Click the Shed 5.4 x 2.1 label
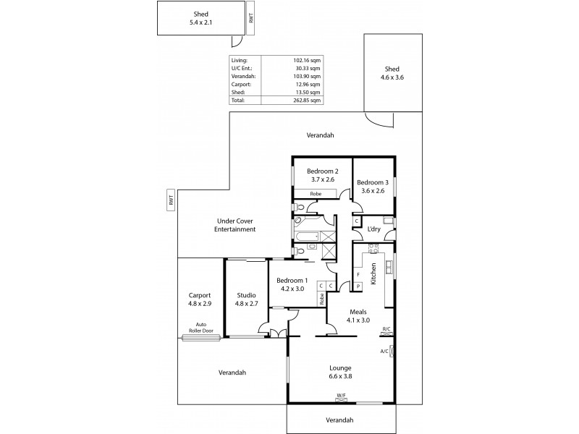(x=201, y=18)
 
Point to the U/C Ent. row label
(x=241, y=68)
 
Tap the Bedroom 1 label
(x=294, y=284)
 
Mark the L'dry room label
(x=374, y=229)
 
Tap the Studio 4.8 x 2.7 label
(x=246, y=299)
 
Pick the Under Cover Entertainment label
(x=235, y=225)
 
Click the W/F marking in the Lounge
(x=340, y=395)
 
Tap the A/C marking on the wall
(x=384, y=352)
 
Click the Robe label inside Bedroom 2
(x=316, y=194)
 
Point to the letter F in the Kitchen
(x=358, y=274)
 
